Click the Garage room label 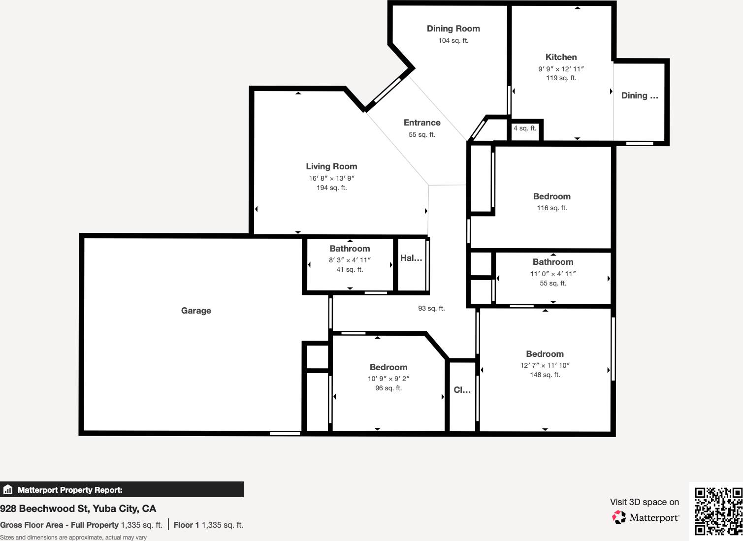click(x=196, y=311)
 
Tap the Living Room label click(x=331, y=166)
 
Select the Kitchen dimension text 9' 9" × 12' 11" click(x=561, y=69)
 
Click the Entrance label click(x=422, y=123)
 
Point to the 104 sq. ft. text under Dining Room click(x=453, y=40)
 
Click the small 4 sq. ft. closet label click(x=525, y=128)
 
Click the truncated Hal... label click(x=411, y=258)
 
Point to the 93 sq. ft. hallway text click(x=431, y=308)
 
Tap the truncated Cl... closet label click(x=462, y=390)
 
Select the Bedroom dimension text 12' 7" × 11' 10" click(x=545, y=365)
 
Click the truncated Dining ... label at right click(x=639, y=95)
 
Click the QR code click(x=718, y=511)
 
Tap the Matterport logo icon click(x=619, y=517)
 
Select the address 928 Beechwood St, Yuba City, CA click(x=78, y=509)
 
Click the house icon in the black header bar click(x=8, y=490)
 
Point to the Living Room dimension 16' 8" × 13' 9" click(x=331, y=178)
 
